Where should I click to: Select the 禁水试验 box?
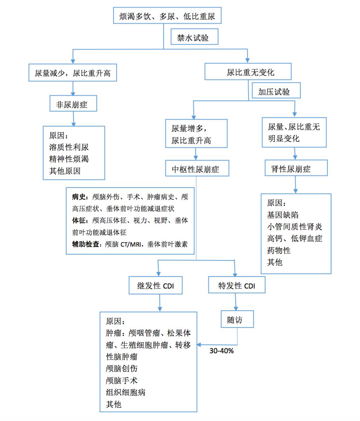pos(194,38)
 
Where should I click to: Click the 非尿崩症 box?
pos(73,104)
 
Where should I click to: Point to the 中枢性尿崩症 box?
pos(197,169)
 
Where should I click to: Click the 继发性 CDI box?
pos(156,286)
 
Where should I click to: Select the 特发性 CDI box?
pos(237,286)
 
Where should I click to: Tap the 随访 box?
pos(237,319)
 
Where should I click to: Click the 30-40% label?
pos(222,351)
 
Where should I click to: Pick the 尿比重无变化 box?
pos(248,72)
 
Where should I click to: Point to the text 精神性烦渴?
pos(69,159)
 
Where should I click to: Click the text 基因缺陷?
pos(283,215)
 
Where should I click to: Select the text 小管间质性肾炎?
pos(294,227)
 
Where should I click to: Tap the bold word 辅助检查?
pos(86,244)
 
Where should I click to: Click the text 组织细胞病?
pos(126,392)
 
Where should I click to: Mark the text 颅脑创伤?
pos(122,368)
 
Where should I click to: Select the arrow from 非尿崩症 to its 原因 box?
pos(73,119)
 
